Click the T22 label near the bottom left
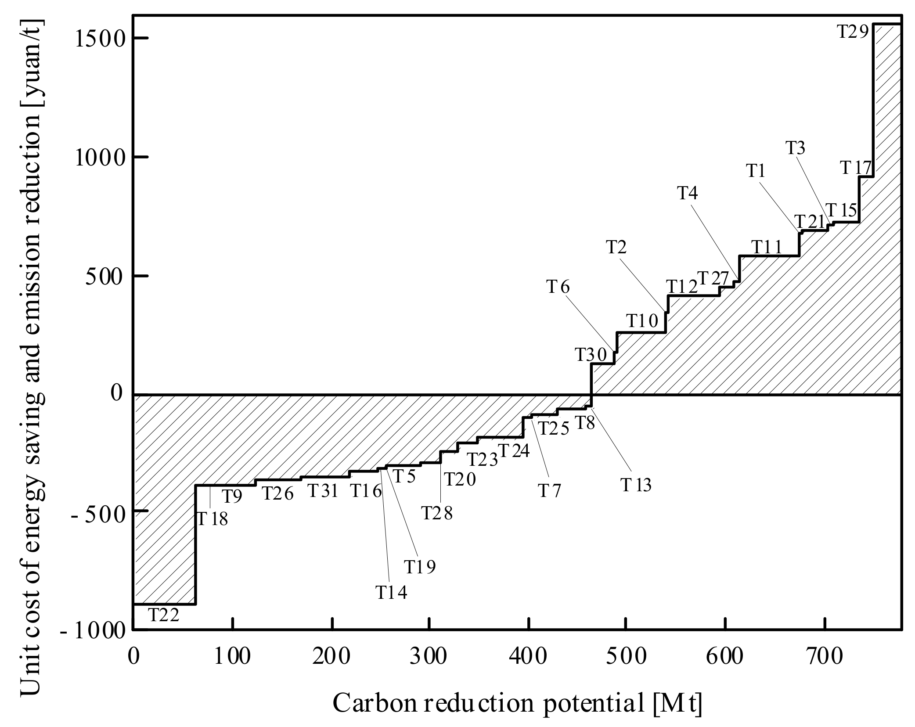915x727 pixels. (163, 615)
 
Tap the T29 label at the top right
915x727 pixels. (853, 44)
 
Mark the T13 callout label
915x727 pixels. (636, 485)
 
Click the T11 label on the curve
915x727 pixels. (767, 248)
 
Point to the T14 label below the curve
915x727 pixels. (391, 593)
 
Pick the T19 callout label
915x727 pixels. (420, 567)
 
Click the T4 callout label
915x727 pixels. (687, 193)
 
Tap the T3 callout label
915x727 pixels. (795, 148)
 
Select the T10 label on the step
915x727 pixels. (641, 321)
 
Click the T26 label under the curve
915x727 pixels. (277, 494)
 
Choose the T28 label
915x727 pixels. (436, 513)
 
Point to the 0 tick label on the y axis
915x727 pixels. (116, 392)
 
